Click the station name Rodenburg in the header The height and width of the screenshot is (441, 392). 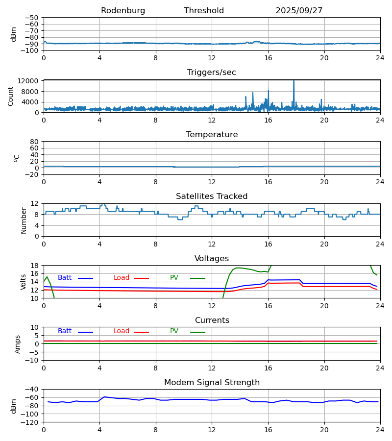point(123,11)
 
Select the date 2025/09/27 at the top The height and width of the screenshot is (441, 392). point(299,11)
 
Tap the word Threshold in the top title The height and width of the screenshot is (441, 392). point(204,11)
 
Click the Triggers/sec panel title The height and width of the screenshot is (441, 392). point(212,73)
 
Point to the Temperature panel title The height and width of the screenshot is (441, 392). point(212,135)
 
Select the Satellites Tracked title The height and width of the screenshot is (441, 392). point(212,196)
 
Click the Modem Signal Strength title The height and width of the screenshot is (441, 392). point(212,383)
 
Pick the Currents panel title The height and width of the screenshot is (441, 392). point(212,320)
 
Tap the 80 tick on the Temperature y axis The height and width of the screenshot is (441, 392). point(34,142)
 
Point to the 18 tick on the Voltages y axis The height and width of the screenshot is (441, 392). point(34,266)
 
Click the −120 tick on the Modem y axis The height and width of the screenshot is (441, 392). point(30,422)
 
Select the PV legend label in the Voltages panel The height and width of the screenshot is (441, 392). point(174,278)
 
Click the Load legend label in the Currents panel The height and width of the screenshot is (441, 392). point(122,331)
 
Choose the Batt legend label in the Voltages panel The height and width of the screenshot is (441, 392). point(65,278)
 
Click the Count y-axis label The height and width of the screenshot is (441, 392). point(11,96)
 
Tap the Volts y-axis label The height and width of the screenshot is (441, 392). point(24,282)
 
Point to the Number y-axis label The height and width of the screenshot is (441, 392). point(24,220)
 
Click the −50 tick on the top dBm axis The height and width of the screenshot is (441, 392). point(32,18)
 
